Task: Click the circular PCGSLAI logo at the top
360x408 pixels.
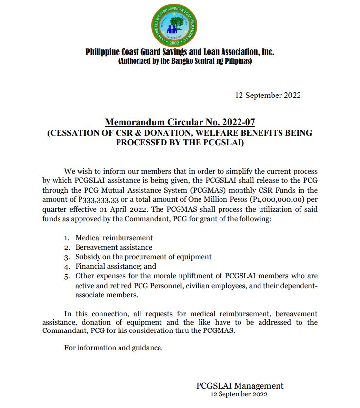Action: pos(175,24)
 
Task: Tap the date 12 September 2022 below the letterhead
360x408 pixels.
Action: pos(267,95)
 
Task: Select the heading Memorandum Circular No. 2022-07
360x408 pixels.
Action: pos(180,122)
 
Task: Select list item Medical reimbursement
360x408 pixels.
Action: pos(114,238)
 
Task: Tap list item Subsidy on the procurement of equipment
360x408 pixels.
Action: pos(143,256)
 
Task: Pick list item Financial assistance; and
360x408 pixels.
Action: pos(115,266)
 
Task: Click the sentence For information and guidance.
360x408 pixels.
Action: pos(113,348)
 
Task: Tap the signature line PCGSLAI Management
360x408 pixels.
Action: pos(240,386)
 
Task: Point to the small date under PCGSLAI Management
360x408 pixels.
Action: pos(239,394)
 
